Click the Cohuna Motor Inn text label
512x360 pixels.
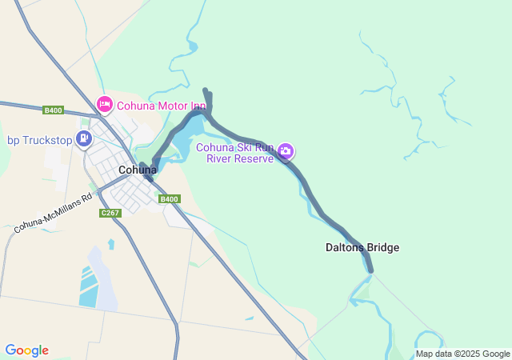click(162, 105)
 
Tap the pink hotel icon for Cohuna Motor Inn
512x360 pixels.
click(104, 104)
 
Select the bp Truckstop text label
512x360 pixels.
click(39, 140)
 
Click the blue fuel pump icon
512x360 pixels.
click(83, 139)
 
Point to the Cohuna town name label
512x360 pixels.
click(138, 170)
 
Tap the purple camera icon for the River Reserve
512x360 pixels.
click(286, 150)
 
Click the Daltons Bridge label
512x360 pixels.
click(362, 248)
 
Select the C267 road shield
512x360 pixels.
click(110, 213)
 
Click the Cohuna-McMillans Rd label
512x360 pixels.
click(54, 217)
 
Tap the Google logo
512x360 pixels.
click(26, 350)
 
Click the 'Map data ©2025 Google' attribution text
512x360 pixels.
click(462, 354)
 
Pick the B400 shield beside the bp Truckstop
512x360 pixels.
click(54, 110)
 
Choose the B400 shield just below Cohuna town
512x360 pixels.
click(169, 199)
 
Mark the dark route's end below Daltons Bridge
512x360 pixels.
click(370, 270)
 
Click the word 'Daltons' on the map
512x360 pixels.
click(346, 248)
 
